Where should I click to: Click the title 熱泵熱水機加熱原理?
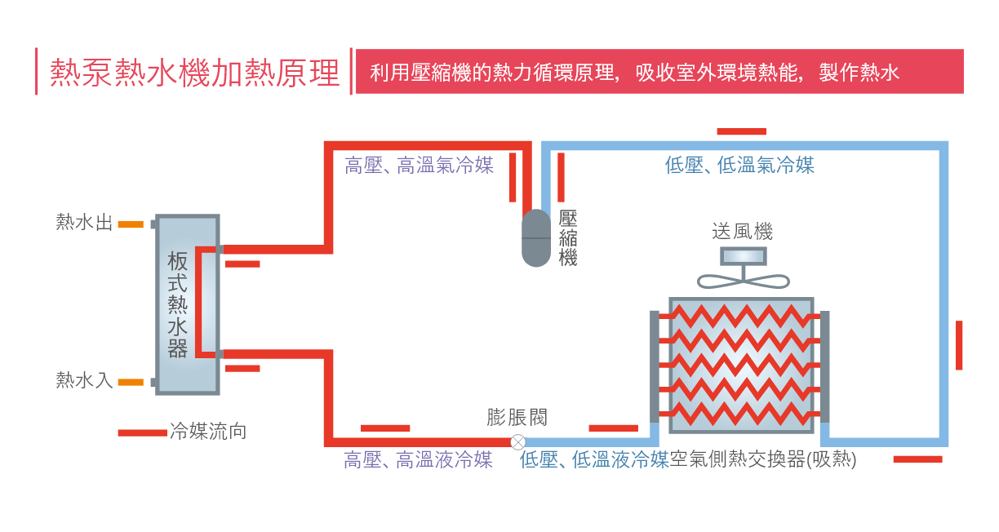pyautogui.click(x=194, y=72)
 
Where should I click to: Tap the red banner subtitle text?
pyautogui.click(x=634, y=72)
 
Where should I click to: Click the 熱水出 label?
pyautogui.click(x=84, y=223)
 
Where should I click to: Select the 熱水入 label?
pyautogui.click(x=84, y=380)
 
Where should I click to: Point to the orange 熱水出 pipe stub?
pyautogui.click(x=131, y=224)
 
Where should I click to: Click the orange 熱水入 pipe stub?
pyautogui.click(x=131, y=382)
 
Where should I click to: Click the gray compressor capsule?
pyautogui.click(x=536, y=237)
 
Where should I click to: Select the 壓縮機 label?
pyautogui.click(x=568, y=238)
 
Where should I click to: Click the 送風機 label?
pyautogui.click(x=742, y=232)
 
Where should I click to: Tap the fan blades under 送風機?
pyautogui.click(x=743, y=280)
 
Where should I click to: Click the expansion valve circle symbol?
pyautogui.click(x=517, y=442)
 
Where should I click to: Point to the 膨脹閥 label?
pyautogui.click(x=517, y=418)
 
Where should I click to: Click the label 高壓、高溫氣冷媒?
pyautogui.click(x=419, y=166)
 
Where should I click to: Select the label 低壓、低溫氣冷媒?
pyautogui.click(x=739, y=166)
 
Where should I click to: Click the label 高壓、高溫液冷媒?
pyautogui.click(x=418, y=460)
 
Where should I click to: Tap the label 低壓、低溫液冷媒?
pyautogui.click(x=594, y=460)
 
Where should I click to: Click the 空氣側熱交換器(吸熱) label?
pyautogui.click(x=763, y=460)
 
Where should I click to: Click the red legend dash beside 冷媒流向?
pyautogui.click(x=142, y=432)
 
